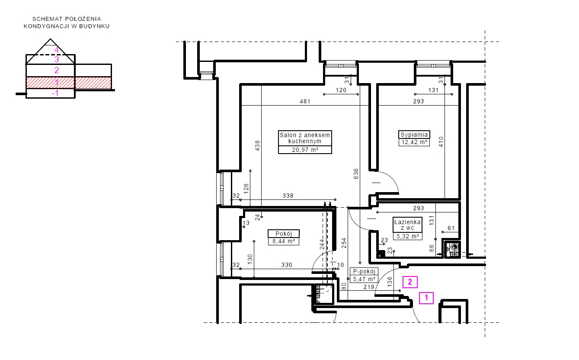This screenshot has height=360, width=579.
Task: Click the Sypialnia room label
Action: [414, 135]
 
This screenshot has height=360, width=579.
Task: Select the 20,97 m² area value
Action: [305, 150]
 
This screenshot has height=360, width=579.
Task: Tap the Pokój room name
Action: [284, 234]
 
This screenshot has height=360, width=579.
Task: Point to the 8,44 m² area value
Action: [284, 241]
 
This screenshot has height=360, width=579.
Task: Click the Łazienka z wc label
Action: [407, 225]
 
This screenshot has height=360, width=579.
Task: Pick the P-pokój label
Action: [364, 271]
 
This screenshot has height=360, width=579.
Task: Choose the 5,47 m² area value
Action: [364, 279]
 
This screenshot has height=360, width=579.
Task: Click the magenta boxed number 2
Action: [410, 282]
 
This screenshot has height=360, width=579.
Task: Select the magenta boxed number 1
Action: [426, 298]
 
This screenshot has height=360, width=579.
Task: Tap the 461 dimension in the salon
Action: [305, 101]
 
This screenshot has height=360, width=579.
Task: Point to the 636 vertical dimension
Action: [356, 174]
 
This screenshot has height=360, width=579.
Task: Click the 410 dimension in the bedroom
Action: [441, 142]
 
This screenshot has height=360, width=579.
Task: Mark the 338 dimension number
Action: [288, 196]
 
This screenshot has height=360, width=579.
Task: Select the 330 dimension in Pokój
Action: [287, 265]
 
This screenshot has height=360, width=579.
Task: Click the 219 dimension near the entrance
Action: [369, 287]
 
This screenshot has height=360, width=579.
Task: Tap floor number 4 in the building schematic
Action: [57, 50]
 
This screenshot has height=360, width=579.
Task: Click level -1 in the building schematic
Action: [55, 93]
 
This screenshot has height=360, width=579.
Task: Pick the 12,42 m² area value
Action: [414, 142]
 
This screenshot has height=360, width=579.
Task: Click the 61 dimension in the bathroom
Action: [451, 228]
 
